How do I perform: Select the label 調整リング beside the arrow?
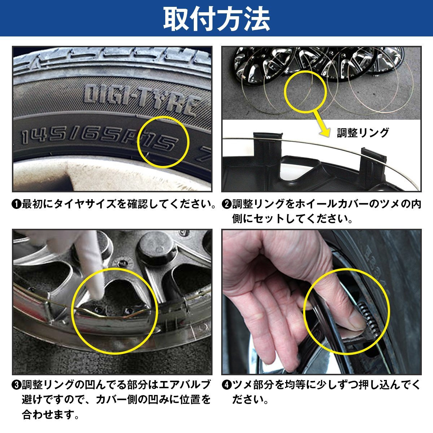point(363,132)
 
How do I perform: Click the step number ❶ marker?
point(16,205)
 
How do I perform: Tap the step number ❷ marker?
point(226,205)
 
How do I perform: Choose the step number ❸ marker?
point(16,385)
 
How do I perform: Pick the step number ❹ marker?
point(226,385)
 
